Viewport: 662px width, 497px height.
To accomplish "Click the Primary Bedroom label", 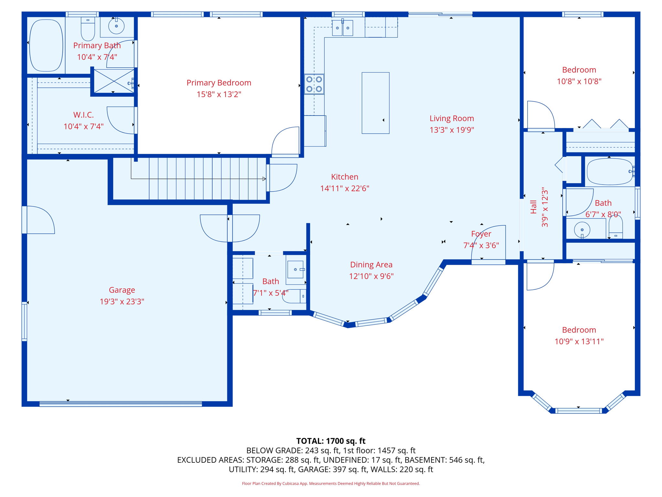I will [219, 83].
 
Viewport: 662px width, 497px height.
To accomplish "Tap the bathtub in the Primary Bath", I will [46, 45].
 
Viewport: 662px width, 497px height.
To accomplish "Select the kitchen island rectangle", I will [375, 103].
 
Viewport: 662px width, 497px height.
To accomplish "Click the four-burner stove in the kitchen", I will [314, 84].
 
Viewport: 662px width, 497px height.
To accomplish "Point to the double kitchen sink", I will [343, 28].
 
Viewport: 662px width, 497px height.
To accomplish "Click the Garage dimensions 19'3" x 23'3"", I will [122, 302].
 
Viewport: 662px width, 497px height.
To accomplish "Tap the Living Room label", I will [452, 118].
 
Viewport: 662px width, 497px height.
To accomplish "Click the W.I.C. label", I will [83, 115].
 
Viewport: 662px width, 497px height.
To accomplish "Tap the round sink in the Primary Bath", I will [116, 26].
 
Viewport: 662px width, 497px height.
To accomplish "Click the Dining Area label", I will [371, 265].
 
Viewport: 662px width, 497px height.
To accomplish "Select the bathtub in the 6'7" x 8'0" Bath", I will [610, 171].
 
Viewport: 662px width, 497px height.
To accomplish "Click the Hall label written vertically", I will [533, 207].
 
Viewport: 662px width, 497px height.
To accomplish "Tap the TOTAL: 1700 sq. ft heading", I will [331, 441].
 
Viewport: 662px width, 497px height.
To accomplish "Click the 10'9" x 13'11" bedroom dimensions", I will [579, 341].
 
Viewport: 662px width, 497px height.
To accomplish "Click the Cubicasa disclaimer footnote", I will [331, 483].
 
